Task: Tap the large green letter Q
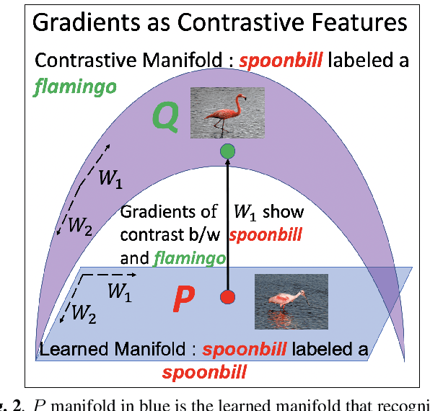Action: (165, 118)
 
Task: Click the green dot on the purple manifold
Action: (227, 151)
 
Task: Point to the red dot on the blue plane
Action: (227, 297)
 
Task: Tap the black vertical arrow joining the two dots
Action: (227, 224)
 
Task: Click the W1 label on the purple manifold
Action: (110, 180)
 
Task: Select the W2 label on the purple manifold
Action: (79, 226)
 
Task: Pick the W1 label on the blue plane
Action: (120, 291)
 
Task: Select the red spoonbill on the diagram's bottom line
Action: (204, 372)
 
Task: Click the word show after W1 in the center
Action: (283, 212)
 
